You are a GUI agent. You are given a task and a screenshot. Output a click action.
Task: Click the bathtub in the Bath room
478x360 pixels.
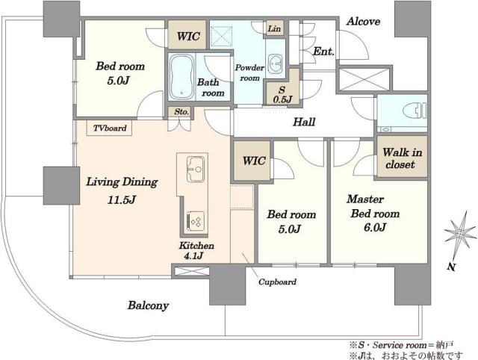[181, 76]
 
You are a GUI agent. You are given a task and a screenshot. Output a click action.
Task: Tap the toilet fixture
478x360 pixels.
[415, 110]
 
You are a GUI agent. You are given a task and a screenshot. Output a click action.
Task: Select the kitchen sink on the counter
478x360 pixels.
[196, 170]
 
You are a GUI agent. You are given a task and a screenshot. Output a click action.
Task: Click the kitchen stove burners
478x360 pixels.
[196, 221]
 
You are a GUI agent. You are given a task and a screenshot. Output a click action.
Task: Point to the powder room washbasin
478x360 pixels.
[276, 63]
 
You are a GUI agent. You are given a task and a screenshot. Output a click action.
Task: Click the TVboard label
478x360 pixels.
[110, 128]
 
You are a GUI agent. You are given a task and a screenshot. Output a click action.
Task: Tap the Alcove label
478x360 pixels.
[364, 22]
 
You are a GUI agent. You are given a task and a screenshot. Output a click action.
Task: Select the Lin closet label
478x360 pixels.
[274, 28]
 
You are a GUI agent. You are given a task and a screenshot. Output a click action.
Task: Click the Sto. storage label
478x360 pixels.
[181, 112]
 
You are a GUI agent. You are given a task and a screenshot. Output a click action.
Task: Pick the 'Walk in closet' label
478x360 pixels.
[402, 158]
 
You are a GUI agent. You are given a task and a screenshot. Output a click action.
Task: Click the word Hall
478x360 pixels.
[304, 122]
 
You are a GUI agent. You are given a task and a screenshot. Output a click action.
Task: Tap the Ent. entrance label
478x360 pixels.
[323, 52]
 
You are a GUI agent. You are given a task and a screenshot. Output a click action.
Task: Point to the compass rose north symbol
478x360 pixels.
[460, 234]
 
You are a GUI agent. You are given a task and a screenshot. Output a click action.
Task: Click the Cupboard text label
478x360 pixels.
[277, 282]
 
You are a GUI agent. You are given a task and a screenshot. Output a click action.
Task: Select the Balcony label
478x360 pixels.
[148, 305]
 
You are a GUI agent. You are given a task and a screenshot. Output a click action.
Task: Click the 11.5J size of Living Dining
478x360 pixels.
[121, 200]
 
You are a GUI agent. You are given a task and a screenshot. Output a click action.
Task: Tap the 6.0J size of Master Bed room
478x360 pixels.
[375, 227]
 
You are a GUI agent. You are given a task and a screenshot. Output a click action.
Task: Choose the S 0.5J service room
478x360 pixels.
[282, 95]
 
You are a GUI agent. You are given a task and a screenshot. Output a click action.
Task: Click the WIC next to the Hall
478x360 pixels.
[254, 161]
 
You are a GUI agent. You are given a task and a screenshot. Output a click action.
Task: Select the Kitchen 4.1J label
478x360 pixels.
[196, 250]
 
